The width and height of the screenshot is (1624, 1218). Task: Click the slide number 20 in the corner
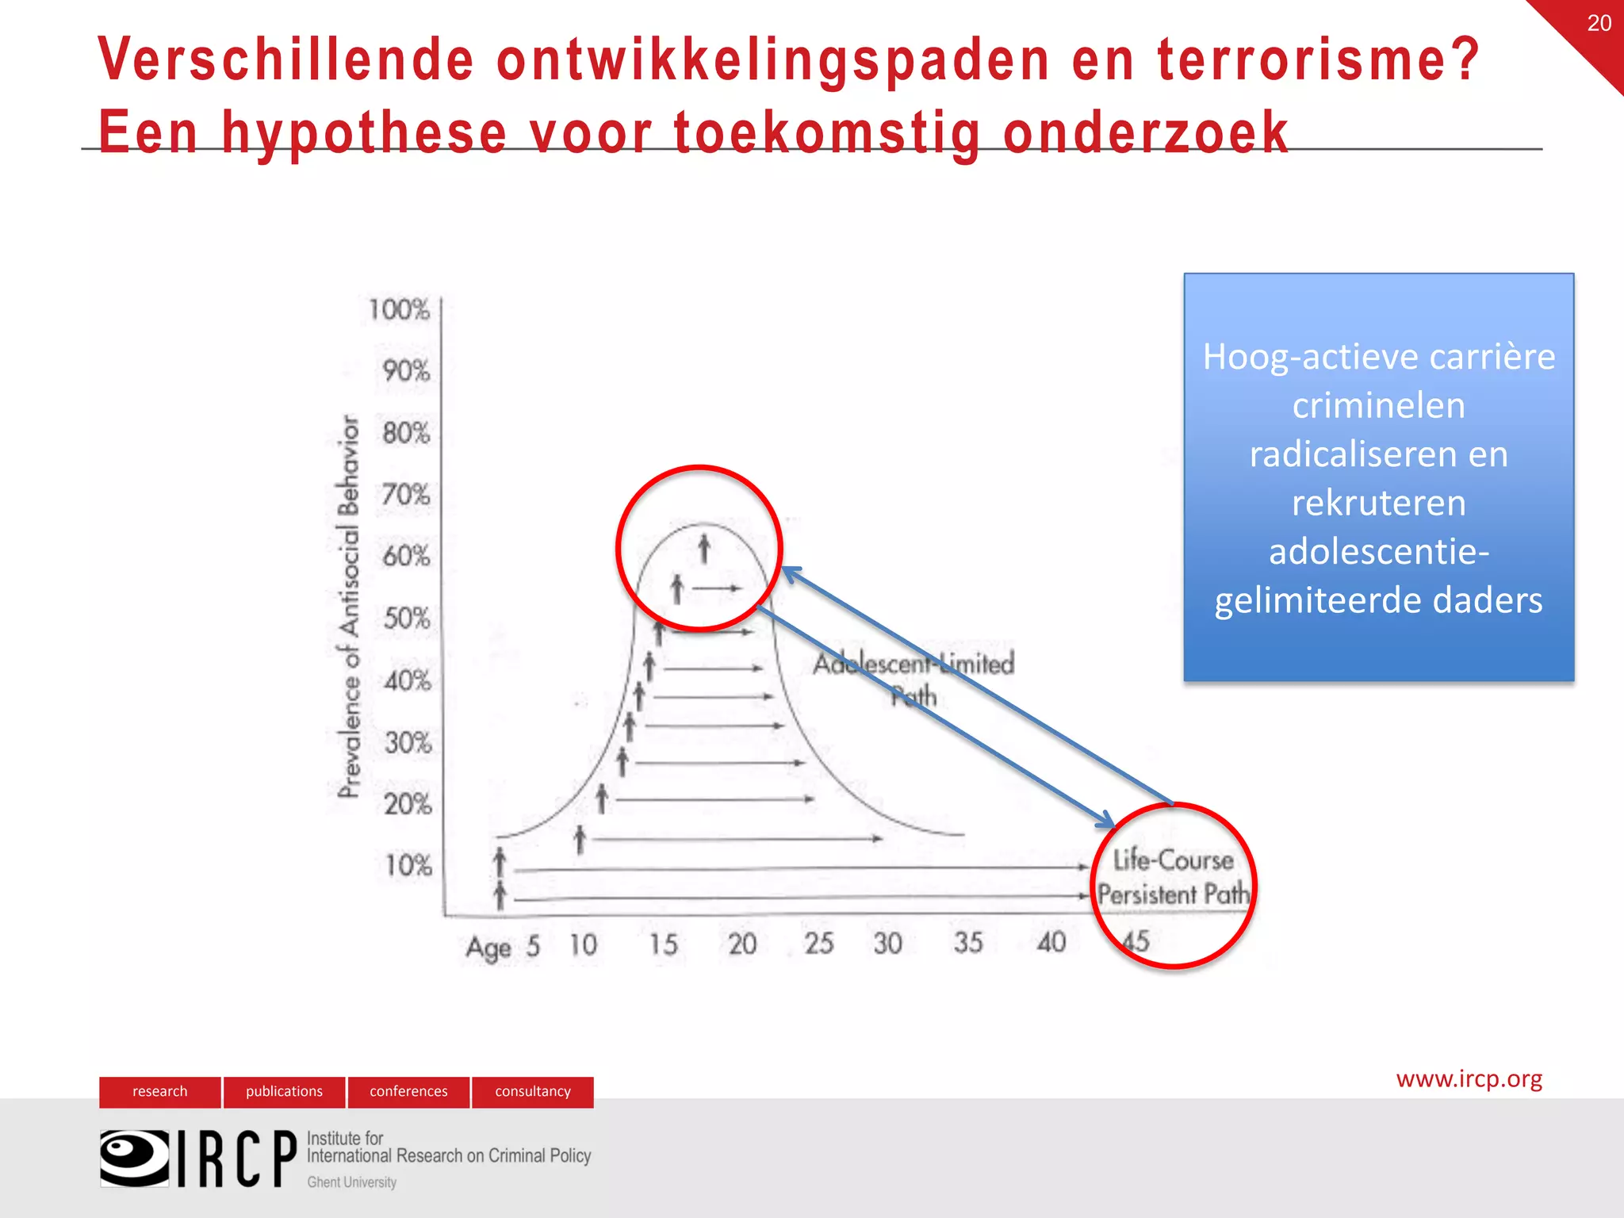click(x=1599, y=23)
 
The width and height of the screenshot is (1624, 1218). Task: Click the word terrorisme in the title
click(x=1317, y=59)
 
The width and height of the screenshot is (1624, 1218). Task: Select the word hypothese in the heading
click(x=364, y=132)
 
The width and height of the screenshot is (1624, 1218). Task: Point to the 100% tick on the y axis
click(x=399, y=309)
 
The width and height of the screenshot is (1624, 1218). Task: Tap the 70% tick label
click(x=405, y=495)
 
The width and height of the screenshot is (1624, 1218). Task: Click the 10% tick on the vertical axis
click(x=408, y=865)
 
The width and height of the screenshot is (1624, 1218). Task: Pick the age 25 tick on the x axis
click(x=818, y=943)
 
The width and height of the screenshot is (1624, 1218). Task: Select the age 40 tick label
click(x=1051, y=942)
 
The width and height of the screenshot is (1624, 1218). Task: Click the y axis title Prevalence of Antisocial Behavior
click(x=349, y=606)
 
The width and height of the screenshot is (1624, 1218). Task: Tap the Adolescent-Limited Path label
click(x=913, y=679)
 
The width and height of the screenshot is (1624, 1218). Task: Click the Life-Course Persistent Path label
click(x=1174, y=877)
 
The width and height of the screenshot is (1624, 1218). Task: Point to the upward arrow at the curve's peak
click(x=703, y=548)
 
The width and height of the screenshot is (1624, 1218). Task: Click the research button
click(x=160, y=1091)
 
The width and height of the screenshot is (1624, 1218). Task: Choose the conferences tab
click(x=408, y=1091)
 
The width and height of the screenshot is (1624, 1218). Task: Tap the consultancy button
click(x=533, y=1091)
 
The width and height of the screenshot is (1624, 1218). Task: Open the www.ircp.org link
click(x=1469, y=1078)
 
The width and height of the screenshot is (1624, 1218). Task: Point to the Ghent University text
click(x=351, y=1182)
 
